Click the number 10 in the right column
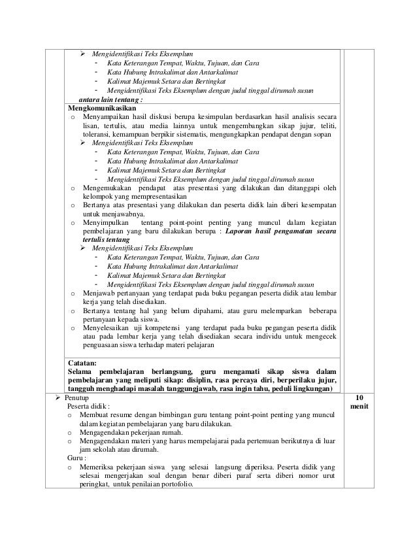[x=359, y=397]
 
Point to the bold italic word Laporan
[x=241, y=233]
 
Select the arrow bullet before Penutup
[x=59, y=397]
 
